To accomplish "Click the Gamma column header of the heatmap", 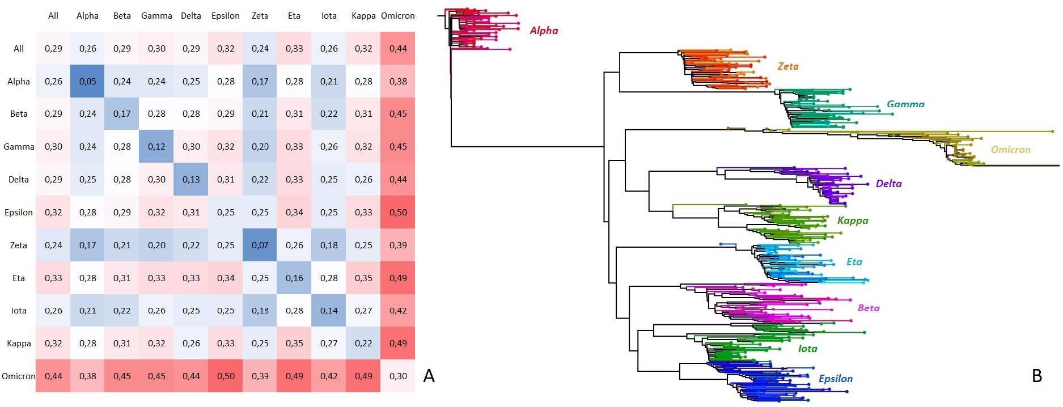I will point(156,16).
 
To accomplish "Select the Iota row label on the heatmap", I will point(19,311).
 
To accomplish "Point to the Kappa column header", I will point(363,16).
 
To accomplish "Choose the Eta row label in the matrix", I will point(19,278).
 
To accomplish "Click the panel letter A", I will point(429,376).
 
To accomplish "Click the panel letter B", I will point(1037,376).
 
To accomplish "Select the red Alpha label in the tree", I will point(544,31).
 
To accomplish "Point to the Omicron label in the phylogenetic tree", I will point(1010,150).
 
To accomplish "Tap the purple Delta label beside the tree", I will point(888,184).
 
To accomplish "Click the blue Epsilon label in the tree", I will point(835,379).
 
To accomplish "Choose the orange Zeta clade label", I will point(787,66).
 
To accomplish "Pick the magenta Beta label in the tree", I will point(868,308).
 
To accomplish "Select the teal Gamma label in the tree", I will point(905,104).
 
